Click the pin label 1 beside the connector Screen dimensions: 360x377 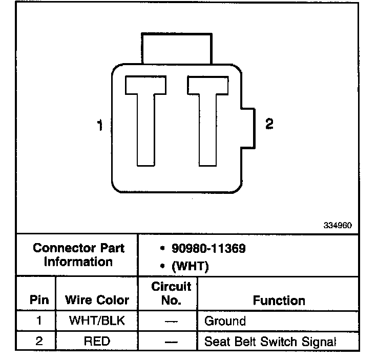(x=100, y=126)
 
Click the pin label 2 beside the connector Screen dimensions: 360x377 (x=269, y=124)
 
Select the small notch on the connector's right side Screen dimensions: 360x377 (x=247, y=128)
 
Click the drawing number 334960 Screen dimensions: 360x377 (x=338, y=225)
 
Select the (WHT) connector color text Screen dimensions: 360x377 (x=190, y=267)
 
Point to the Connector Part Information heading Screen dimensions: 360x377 (x=78, y=255)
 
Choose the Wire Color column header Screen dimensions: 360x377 (x=97, y=300)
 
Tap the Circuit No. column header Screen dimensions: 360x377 (x=171, y=293)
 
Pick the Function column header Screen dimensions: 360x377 (x=279, y=301)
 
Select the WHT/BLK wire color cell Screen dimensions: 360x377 (x=97, y=322)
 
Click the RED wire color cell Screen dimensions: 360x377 (x=97, y=341)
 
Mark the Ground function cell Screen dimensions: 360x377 (x=225, y=322)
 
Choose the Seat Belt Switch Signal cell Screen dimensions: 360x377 (x=270, y=342)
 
